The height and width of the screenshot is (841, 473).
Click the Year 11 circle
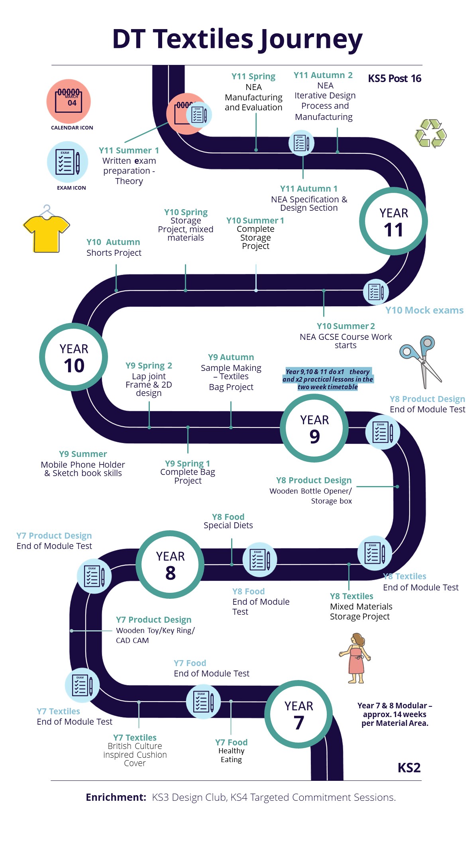coord(393,221)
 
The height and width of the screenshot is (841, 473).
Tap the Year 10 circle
coord(74,357)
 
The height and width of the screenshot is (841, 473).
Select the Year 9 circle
coord(314,428)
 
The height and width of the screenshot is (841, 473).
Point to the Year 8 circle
coord(170,564)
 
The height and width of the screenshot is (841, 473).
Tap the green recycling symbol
coord(430,133)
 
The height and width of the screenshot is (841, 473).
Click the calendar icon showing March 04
coord(69,101)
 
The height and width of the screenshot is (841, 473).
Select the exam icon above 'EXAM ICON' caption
coord(67,162)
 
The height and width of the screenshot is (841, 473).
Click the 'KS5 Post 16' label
coord(394,78)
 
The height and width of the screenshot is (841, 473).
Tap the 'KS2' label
coord(409,768)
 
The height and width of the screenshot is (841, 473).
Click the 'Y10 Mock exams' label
coord(424,310)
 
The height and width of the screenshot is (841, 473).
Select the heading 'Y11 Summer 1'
coord(129,151)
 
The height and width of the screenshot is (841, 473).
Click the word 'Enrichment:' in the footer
coord(116,797)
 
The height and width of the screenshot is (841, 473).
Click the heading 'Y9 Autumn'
coord(231,357)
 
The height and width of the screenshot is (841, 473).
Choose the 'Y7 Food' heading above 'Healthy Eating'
coord(231,742)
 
